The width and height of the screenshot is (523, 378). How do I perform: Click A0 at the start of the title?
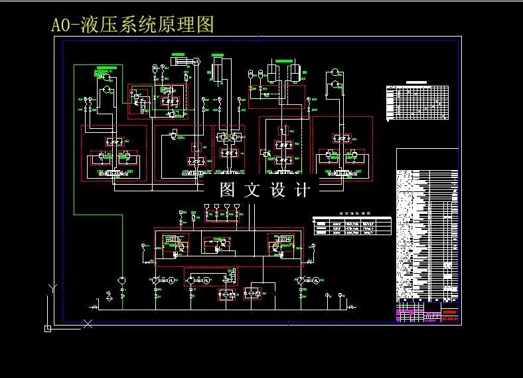(x=61, y=25)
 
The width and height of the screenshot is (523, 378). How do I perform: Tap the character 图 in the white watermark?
(x=228, y=190)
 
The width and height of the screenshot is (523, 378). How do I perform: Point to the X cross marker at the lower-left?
(x=88, y=324)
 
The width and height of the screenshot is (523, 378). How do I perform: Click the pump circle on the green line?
(x=121, y=280)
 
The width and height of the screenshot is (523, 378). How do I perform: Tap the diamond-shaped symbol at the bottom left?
(x=108, y=298)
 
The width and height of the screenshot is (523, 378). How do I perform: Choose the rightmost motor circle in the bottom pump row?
(x=316, y=281)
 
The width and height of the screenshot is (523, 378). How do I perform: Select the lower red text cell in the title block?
(x=450, y=320)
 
